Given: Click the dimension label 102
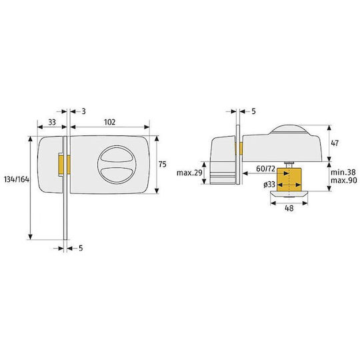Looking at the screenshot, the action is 110,122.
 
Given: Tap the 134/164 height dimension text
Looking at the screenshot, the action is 17,179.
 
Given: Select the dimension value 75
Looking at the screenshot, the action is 162,165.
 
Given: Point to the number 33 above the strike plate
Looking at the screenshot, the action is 52,123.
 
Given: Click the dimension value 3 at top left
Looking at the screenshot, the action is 83,111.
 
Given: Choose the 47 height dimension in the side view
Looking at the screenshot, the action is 335,143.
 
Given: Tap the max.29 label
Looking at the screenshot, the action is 189,173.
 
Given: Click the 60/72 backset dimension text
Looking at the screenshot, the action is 265,169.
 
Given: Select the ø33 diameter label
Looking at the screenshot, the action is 269,185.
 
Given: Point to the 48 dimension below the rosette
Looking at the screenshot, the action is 289,208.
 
